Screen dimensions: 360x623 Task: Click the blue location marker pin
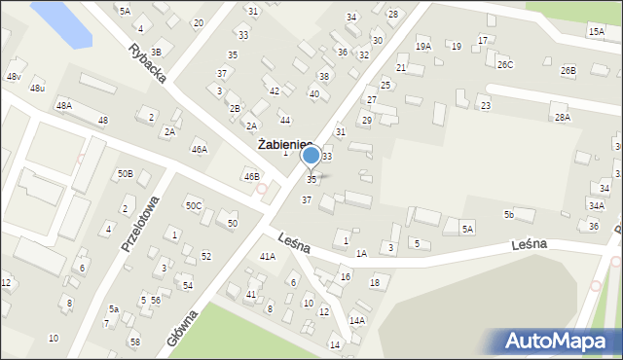pos(311,157)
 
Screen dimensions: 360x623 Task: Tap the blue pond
pos(63,22)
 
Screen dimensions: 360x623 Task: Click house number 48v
pos(14,76)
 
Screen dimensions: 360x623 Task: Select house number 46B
pos(251,176)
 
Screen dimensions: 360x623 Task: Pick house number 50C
pos(194,205)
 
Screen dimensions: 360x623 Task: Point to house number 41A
pos(267,256)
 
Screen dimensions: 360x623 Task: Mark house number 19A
pos(422,46)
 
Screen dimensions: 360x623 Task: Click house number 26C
pos(504,64)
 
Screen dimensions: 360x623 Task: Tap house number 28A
pos(562,117)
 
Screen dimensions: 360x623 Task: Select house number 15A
pos(596,32)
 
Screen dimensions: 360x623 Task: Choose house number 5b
pos(508,214)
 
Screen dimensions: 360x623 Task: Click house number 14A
pos(357,320)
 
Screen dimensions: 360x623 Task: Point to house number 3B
pos(155,52)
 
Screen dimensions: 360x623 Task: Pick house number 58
pos(135,342)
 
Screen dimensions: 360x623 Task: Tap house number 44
pos(284,120)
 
